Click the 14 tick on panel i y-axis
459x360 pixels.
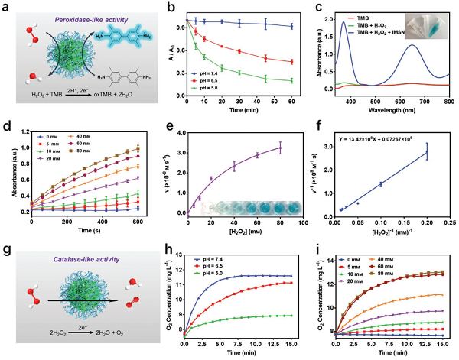(327, 261)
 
